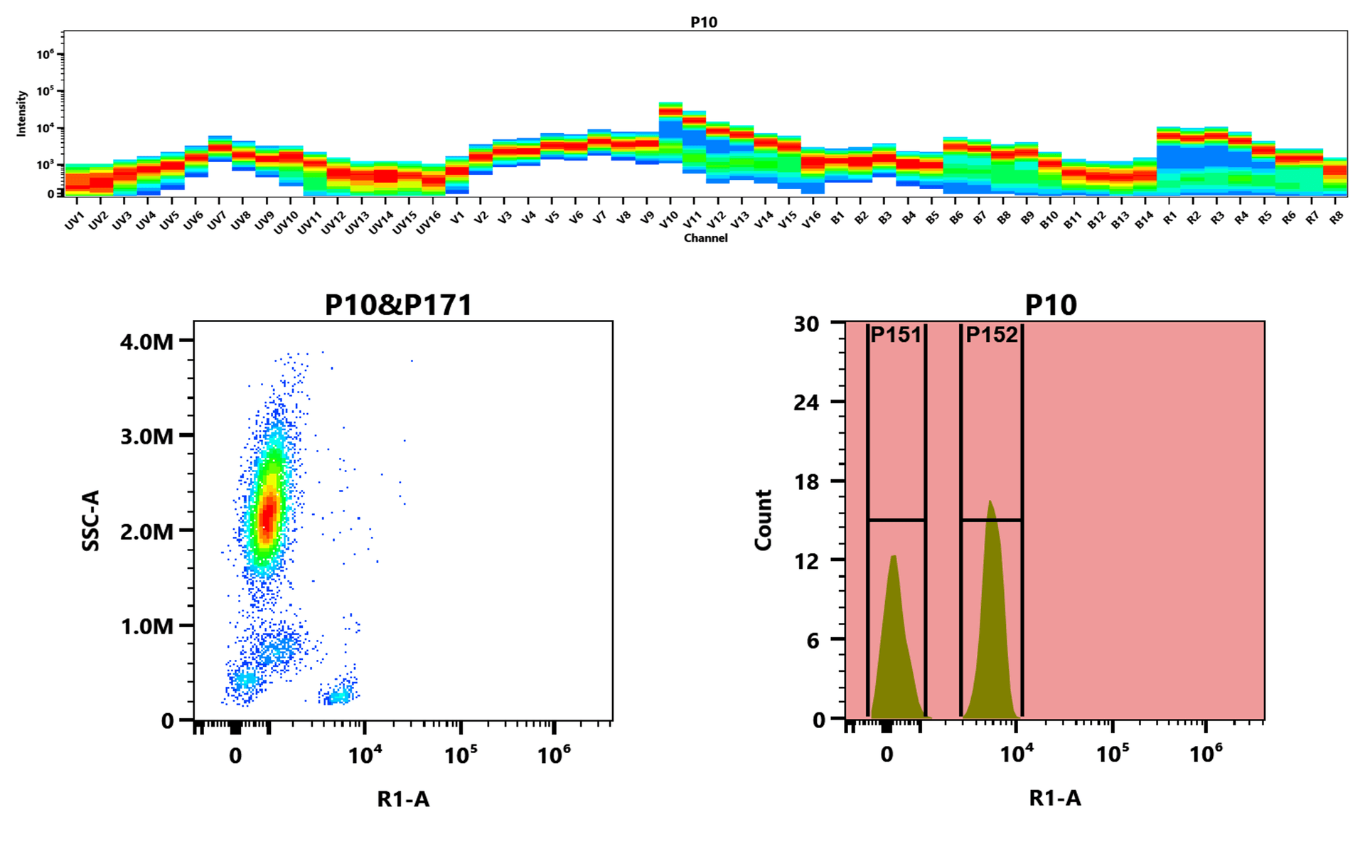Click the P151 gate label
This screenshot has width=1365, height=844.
coord(896,335)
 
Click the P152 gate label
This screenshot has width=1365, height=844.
coord(992,335)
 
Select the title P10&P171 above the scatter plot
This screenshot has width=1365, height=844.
coord(398,305)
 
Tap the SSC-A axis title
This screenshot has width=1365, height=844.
coord(91,520)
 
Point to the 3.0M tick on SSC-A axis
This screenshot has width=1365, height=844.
coord(147,436)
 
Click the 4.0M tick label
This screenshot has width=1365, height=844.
coord(147,342)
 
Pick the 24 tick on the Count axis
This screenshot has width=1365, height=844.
coord(806,402)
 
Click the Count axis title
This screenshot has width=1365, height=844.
coord(764,520)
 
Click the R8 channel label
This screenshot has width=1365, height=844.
coord(1336,218)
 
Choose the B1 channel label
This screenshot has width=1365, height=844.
coord(837,218)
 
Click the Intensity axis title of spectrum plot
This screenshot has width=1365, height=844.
coord(21,114)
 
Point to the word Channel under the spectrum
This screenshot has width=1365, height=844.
coord(705,238)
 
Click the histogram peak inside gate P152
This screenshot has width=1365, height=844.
coord(990,503)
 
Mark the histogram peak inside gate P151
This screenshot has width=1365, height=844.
coord(894,558)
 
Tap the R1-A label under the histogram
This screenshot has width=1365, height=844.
coord(1054,798)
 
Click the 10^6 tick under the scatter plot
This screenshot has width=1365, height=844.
coord(554,755)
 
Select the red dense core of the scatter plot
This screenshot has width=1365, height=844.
coord(267,518)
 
